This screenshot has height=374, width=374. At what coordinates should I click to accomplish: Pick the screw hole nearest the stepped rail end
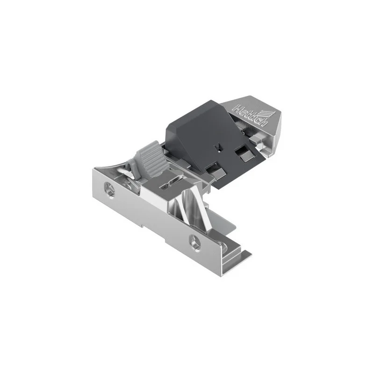[x=195, y=243]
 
